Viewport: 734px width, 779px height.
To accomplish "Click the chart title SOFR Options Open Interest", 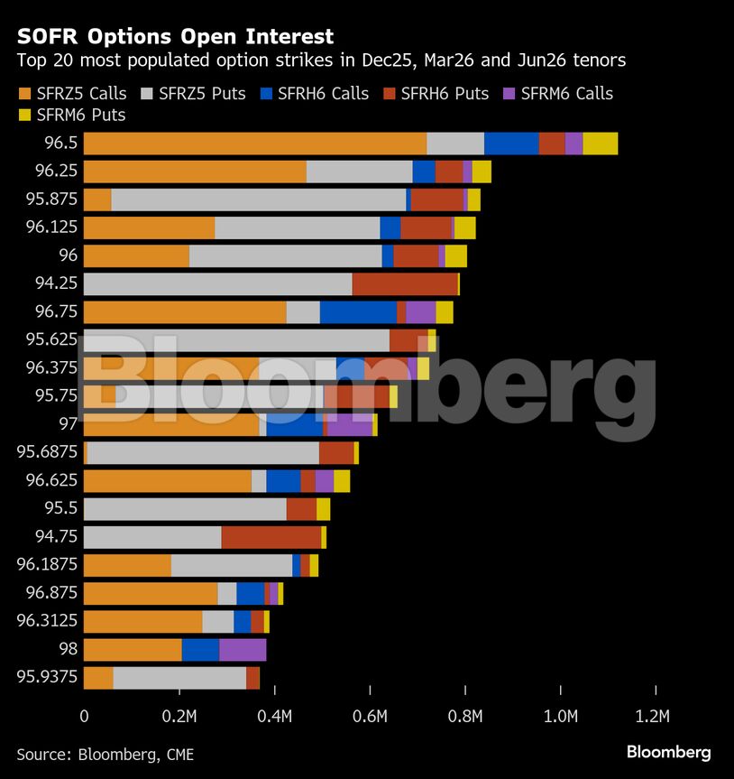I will [175, 37].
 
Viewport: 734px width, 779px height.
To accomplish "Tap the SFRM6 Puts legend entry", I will [71, 116].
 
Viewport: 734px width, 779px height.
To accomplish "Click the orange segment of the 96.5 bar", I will [254, 144].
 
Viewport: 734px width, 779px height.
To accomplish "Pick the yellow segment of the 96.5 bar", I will [600, 144].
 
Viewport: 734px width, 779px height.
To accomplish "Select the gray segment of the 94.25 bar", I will [217, 283].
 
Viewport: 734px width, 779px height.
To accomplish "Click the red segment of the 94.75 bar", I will [271, 537].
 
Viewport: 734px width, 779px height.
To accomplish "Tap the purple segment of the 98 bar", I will [242, 650].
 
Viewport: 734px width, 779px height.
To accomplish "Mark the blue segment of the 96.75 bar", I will [358, 312].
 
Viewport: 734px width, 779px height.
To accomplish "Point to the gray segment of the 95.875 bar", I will [258, 199].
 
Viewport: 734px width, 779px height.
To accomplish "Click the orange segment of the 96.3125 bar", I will [142, 622].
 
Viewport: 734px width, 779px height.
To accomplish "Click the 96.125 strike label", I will [51, 227].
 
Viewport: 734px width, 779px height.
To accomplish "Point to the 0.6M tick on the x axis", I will [370, 718].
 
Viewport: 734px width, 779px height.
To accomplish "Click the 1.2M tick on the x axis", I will [652, 718].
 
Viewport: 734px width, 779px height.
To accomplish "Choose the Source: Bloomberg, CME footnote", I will [105, 755].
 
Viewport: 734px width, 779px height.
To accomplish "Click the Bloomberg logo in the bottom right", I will [668, 752].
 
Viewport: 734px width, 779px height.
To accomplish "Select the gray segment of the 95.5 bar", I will [185, 509].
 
